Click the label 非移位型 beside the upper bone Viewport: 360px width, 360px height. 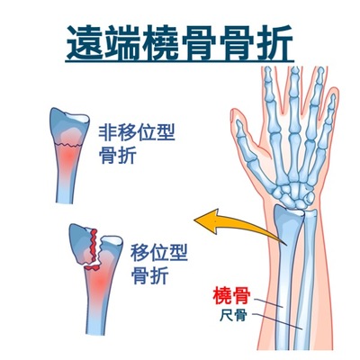[137, 132]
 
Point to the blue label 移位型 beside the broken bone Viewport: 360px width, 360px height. [158, 253]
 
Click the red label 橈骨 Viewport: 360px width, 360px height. [231, 295]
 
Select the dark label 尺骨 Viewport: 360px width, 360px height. [233, 315]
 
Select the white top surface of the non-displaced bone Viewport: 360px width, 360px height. [77, 118]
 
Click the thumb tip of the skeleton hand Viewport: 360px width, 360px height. [239, 124]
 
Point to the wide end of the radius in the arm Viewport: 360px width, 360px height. [288, 217]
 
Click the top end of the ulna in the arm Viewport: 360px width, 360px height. [310, 213]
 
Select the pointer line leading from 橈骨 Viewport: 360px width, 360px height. [268, 302]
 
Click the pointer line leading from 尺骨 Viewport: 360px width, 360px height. [277, 321]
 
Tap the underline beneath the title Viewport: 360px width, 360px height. [179, 61]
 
